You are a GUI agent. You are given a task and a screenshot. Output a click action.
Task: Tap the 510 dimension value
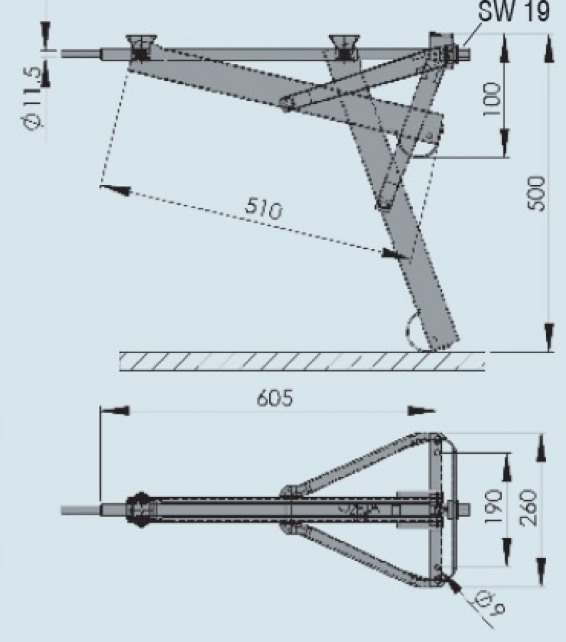263,210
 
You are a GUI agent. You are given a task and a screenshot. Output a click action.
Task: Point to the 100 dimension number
493,98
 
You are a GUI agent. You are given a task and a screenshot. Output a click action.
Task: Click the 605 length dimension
274,399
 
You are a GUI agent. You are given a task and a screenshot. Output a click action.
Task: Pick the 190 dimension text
493,508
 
